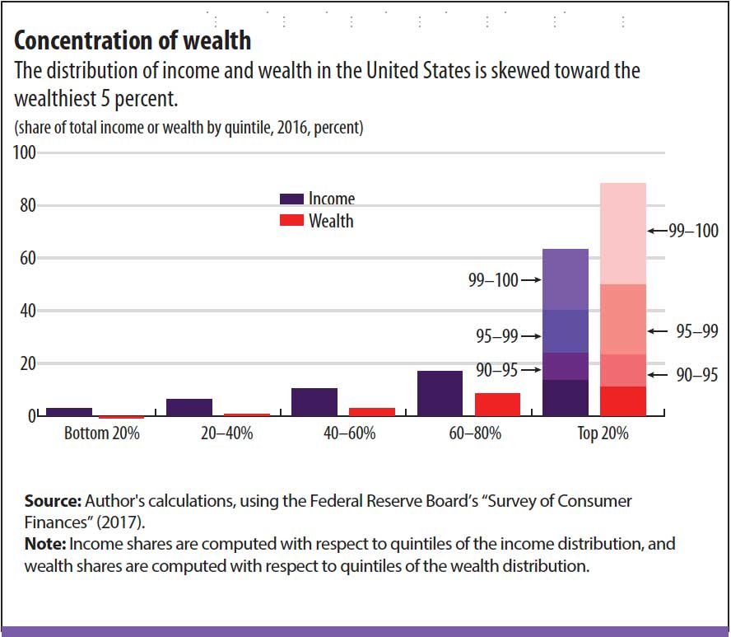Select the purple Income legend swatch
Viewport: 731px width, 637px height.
tap(292, 199)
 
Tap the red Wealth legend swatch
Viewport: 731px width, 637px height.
tap(292, 221)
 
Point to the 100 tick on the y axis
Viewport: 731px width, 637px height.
tap(24, 153)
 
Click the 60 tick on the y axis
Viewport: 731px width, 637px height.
tap(27, 258)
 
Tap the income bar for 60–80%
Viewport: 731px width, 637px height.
tap(440, 393)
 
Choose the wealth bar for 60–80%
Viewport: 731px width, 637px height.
tap(497, 404)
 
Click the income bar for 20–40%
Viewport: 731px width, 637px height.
tap(189, 407)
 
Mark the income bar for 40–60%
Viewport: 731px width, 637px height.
tap(314, 401)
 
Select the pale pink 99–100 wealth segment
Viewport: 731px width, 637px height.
tap(622, 233)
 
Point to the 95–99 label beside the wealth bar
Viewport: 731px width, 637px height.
tap(696, 331)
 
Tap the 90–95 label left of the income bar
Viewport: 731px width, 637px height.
tap(497, 371)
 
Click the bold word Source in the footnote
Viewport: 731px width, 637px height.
tap(51, 501)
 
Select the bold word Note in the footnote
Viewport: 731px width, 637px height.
tap(45, 545)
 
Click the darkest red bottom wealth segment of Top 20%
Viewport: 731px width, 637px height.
tap(622, 400)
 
